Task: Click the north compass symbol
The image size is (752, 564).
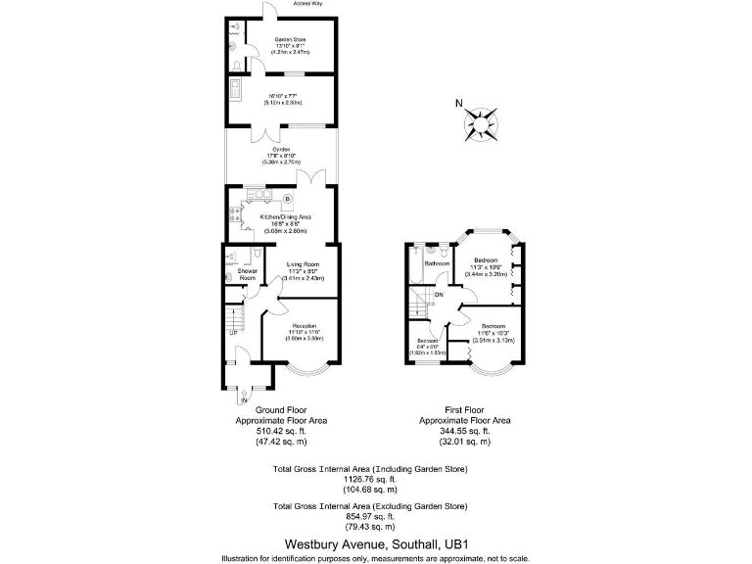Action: (x=480, y=124)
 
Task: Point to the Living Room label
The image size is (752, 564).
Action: (x=304, y=264)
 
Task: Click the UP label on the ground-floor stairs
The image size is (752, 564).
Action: (x=234, y=333)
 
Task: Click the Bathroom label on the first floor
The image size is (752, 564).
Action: (x=438, y=262)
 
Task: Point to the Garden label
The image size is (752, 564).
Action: (x=281, y=150)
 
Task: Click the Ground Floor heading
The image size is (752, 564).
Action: (x=281, y=410)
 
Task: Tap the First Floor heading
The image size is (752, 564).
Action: (x=465, y=410)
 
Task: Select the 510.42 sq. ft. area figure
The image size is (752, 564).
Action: (x=281, y=431)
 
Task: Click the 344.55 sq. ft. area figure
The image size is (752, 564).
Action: (x=465, y=431)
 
